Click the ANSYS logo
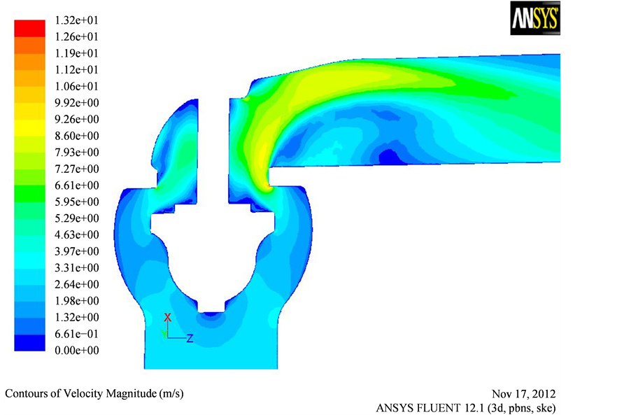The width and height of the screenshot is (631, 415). pos(535,18)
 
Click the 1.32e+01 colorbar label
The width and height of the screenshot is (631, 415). pos(76,20)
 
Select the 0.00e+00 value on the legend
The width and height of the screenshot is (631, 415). pos(76,350)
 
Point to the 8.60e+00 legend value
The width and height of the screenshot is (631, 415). pos(76,136)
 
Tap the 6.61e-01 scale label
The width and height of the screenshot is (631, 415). pos(76,334)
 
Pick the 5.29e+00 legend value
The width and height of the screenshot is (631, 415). pos(76,218)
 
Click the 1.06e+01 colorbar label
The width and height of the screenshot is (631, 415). pos(76,86)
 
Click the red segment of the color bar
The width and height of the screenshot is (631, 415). pos(30,28)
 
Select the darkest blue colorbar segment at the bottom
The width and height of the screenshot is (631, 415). pos(30,342)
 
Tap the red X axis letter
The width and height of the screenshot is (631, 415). pos(168,317)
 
